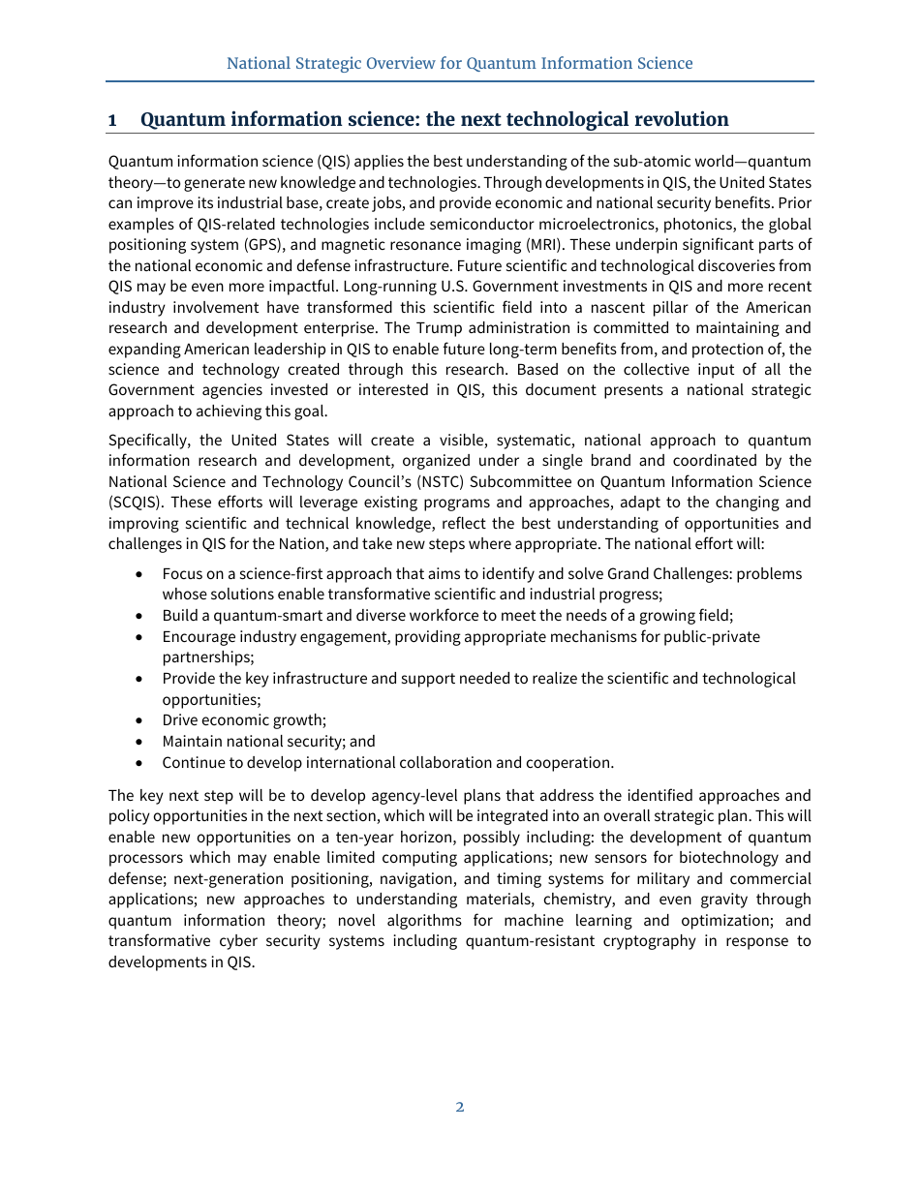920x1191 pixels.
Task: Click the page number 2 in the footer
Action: point(460,1107)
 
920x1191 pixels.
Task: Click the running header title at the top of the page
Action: point(460,64)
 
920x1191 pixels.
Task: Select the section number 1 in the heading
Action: point(113,120)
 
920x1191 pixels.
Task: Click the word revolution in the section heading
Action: point(681,120)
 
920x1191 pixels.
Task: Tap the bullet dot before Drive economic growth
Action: point(140,720)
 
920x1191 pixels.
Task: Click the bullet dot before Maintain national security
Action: point(140,742)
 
